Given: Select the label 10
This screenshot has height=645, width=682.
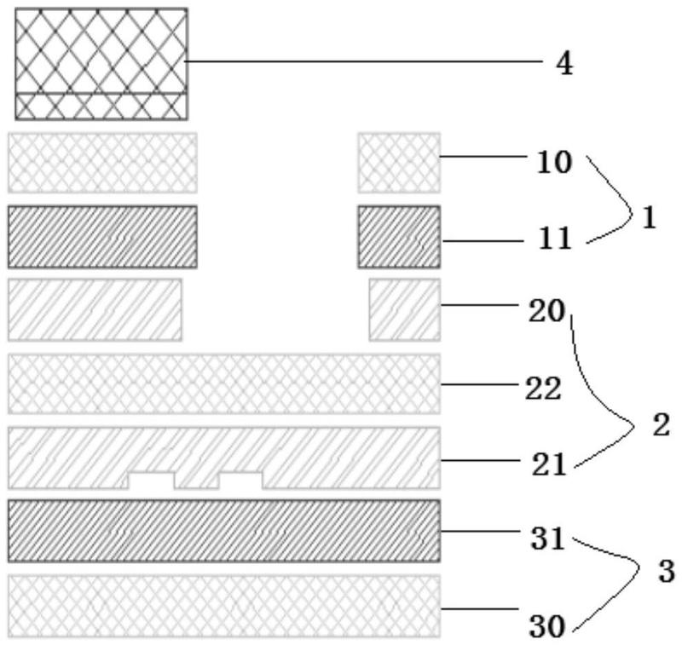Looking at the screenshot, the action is point(553,163).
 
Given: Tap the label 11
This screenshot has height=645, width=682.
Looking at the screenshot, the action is point(554,239).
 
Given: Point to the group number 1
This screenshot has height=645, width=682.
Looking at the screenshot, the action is point(649,218).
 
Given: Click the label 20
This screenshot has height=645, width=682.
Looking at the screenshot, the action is point(546,311).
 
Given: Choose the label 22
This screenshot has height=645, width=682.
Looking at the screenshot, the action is point(543,389).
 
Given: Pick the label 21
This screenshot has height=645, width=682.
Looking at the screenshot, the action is point(549,465).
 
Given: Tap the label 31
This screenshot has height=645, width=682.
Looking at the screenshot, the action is point(547,538).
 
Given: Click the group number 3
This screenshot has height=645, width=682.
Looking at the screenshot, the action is point(666,571).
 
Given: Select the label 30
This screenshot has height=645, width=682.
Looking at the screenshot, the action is point(547,627).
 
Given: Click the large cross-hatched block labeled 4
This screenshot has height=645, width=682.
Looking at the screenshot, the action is point(101,63).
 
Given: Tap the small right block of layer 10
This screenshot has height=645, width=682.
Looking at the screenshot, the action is point(399,163).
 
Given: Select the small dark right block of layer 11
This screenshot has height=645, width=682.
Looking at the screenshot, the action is point(399,237).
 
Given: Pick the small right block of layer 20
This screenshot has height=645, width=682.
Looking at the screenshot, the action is point(404,309).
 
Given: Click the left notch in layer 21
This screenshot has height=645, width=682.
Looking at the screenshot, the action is point(151,481).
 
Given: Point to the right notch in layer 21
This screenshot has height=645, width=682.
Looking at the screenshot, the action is point(240,481).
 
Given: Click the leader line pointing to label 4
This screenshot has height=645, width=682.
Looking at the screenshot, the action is point(365,61).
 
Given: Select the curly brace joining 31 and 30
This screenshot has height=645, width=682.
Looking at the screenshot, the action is point(607,583).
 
